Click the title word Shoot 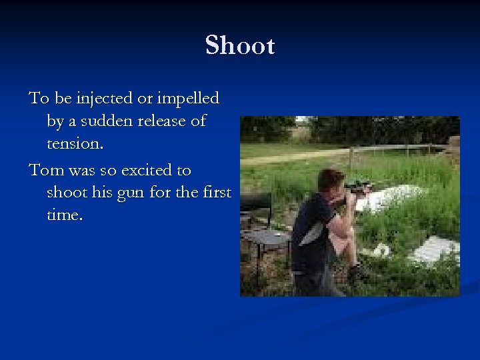(240, 46)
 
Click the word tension (76, 144)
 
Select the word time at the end (65, 216)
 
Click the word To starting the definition (38, 99)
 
